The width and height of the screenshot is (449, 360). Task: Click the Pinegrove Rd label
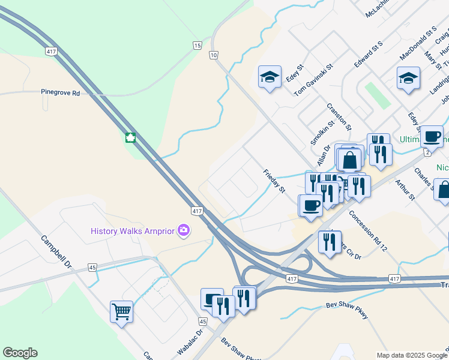(x=60, y=93)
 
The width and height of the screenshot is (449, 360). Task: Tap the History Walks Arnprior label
(x=133, y=231)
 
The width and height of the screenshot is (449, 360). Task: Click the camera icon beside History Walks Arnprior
(x=184, y=230)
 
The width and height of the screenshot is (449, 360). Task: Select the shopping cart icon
(x=121, y=311)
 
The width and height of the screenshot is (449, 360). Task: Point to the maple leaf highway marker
(x=130, y=137)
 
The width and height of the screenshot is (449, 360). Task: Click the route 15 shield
(x=197, y=46)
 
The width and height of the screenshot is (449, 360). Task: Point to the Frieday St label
(x=274, y=181)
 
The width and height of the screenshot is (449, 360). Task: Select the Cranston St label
(x=339, y=116)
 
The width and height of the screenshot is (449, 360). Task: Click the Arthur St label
(x=405, y=188)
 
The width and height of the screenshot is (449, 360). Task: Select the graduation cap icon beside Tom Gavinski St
(x=270, y=76)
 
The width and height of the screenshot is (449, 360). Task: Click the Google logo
(x=20, y=353)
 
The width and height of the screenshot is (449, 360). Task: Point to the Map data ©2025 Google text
(x=411, y=355)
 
